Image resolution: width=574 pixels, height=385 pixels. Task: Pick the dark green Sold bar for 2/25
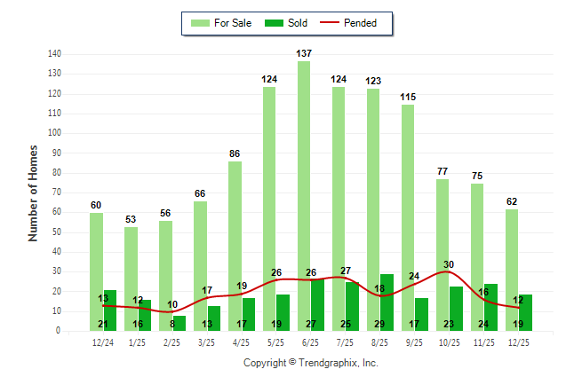179,323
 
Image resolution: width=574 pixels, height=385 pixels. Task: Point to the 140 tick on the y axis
53,54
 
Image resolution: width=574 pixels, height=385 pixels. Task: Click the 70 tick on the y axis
56,192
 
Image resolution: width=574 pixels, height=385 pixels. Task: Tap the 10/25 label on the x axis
449,342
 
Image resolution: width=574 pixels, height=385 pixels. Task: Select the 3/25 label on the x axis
206,342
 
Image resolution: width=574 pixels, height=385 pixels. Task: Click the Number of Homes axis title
34,192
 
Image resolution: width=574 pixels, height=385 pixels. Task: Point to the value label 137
304,55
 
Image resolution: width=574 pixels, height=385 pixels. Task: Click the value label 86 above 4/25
235,154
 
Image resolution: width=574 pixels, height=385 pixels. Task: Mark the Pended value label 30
449,264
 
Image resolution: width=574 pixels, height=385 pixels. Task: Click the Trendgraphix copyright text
311,363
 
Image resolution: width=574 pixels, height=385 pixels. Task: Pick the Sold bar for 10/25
456,308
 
